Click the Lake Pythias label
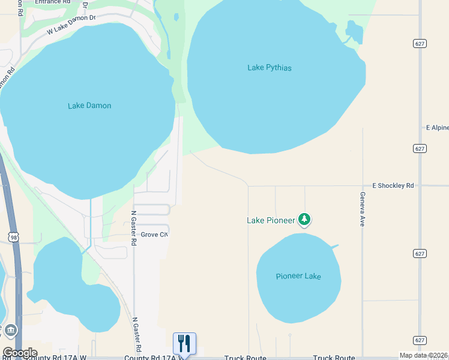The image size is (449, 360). pos(270,68)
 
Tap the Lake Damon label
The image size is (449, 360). pos(89,106)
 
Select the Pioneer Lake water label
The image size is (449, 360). pos(298,277)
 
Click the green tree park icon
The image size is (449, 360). pos(305,220)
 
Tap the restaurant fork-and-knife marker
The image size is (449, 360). pos(185,343)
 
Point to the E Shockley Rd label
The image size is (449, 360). pos(393,186)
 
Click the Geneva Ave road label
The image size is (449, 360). pos(363,208)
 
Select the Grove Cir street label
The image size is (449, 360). pos(154,235)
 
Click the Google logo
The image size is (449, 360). pos(19,353)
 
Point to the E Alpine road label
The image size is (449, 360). pos(437,128)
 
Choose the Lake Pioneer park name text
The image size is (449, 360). pos(271,221)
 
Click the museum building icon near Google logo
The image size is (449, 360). pos(10,331)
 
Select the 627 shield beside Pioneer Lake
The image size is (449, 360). pos(420,254)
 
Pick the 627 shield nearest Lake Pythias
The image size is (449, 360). pos(420,43)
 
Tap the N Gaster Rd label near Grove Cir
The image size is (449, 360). pos(134,227)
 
